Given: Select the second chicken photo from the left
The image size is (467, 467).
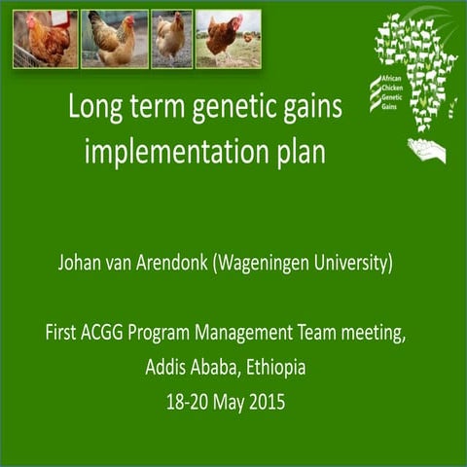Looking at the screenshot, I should click(x=115, y=39).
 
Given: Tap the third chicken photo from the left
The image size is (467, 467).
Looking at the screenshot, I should click(x=171, y=39).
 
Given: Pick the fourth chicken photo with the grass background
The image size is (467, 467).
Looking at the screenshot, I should click(x=229, y=39).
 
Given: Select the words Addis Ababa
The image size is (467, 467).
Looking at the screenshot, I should click(x=192, y=368).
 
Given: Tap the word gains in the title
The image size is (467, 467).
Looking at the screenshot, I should click(x=310, y=108).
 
